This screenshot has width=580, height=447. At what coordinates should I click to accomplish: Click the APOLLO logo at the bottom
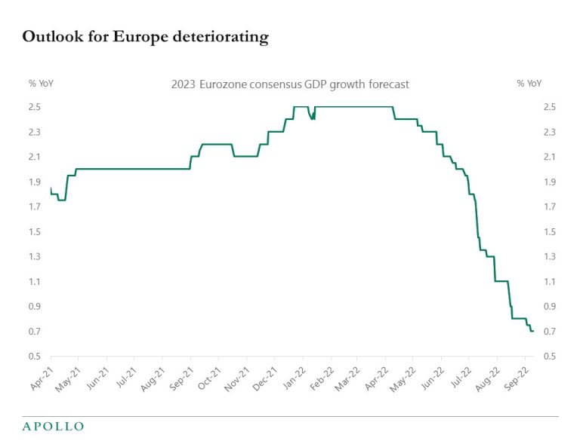[x=53, y=427]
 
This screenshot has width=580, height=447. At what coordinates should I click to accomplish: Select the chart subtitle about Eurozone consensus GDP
[x=290, y=84]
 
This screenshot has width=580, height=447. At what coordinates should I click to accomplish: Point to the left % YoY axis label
[x=42, y=84]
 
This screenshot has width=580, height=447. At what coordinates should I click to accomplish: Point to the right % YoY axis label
[x=529, y=84]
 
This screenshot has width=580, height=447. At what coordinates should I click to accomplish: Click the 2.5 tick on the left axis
[x=35, y=107]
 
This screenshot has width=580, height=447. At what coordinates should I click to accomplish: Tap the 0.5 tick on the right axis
[x=550, y=357]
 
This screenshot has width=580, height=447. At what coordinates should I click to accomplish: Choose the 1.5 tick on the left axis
[x=35, y=232]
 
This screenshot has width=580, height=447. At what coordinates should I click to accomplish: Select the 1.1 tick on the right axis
[x=550, y=282]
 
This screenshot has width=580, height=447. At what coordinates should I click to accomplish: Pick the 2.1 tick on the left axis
[x=35, y=157]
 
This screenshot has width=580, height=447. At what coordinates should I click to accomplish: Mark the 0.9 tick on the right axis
[x=550, y=307]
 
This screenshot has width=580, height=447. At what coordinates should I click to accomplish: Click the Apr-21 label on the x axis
[x=41, y=374]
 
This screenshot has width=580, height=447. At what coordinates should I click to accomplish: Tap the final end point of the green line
[x=533, y=332]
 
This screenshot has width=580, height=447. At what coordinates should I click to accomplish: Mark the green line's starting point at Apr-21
[x=51, y=188]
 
